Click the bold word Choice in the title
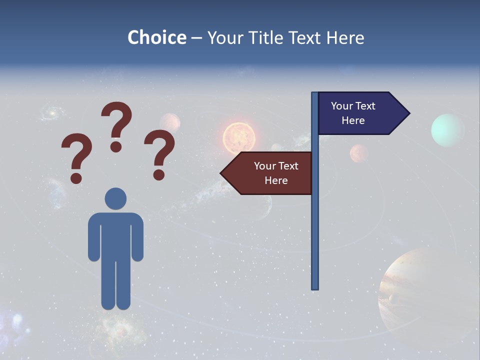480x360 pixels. click(156, 38)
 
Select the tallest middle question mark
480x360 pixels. click(116, 125)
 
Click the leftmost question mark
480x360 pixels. click(76, 157)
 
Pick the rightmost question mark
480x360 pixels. click(159, 153)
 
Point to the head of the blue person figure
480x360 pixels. click(115, 198)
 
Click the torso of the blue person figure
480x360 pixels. click(115, 235)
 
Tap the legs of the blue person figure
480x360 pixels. click(115, 285)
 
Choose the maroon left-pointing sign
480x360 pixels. click(270, 173)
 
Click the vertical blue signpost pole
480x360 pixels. click(315, 225)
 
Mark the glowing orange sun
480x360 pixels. click(239, 136)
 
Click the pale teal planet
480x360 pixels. click(447, 130)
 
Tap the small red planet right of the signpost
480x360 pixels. click(359, 153)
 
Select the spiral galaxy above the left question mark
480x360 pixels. click(50, 113)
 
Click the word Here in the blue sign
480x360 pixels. click(353, 120)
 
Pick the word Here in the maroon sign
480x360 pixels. click(276, 180)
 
